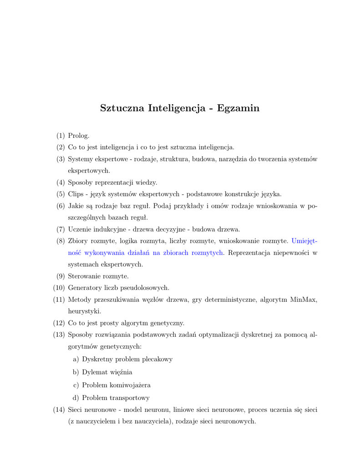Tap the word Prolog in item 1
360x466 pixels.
pyautogui.click(x=78, y=136)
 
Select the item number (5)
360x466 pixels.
pyautogui.click(x=61, y=194)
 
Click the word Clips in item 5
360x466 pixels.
pyautogui.click(x=76, y=194)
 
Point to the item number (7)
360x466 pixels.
pyautogui.click(x=61, y=229)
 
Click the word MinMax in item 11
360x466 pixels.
pyautogui.click(x=304, y=299)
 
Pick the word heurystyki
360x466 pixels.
pyautogui.click(x=85, y=311)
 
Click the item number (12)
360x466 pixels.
pyautogui.click(x=59, y=323)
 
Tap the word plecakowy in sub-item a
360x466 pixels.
pyautogui.click(x=157, y=359)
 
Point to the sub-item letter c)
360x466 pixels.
pyautogui.click(x=76, y=385)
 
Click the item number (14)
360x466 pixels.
pyautogui.click(x=59, y=410)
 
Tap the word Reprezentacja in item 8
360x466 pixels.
pyautogui.click(x=250, y=253)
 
